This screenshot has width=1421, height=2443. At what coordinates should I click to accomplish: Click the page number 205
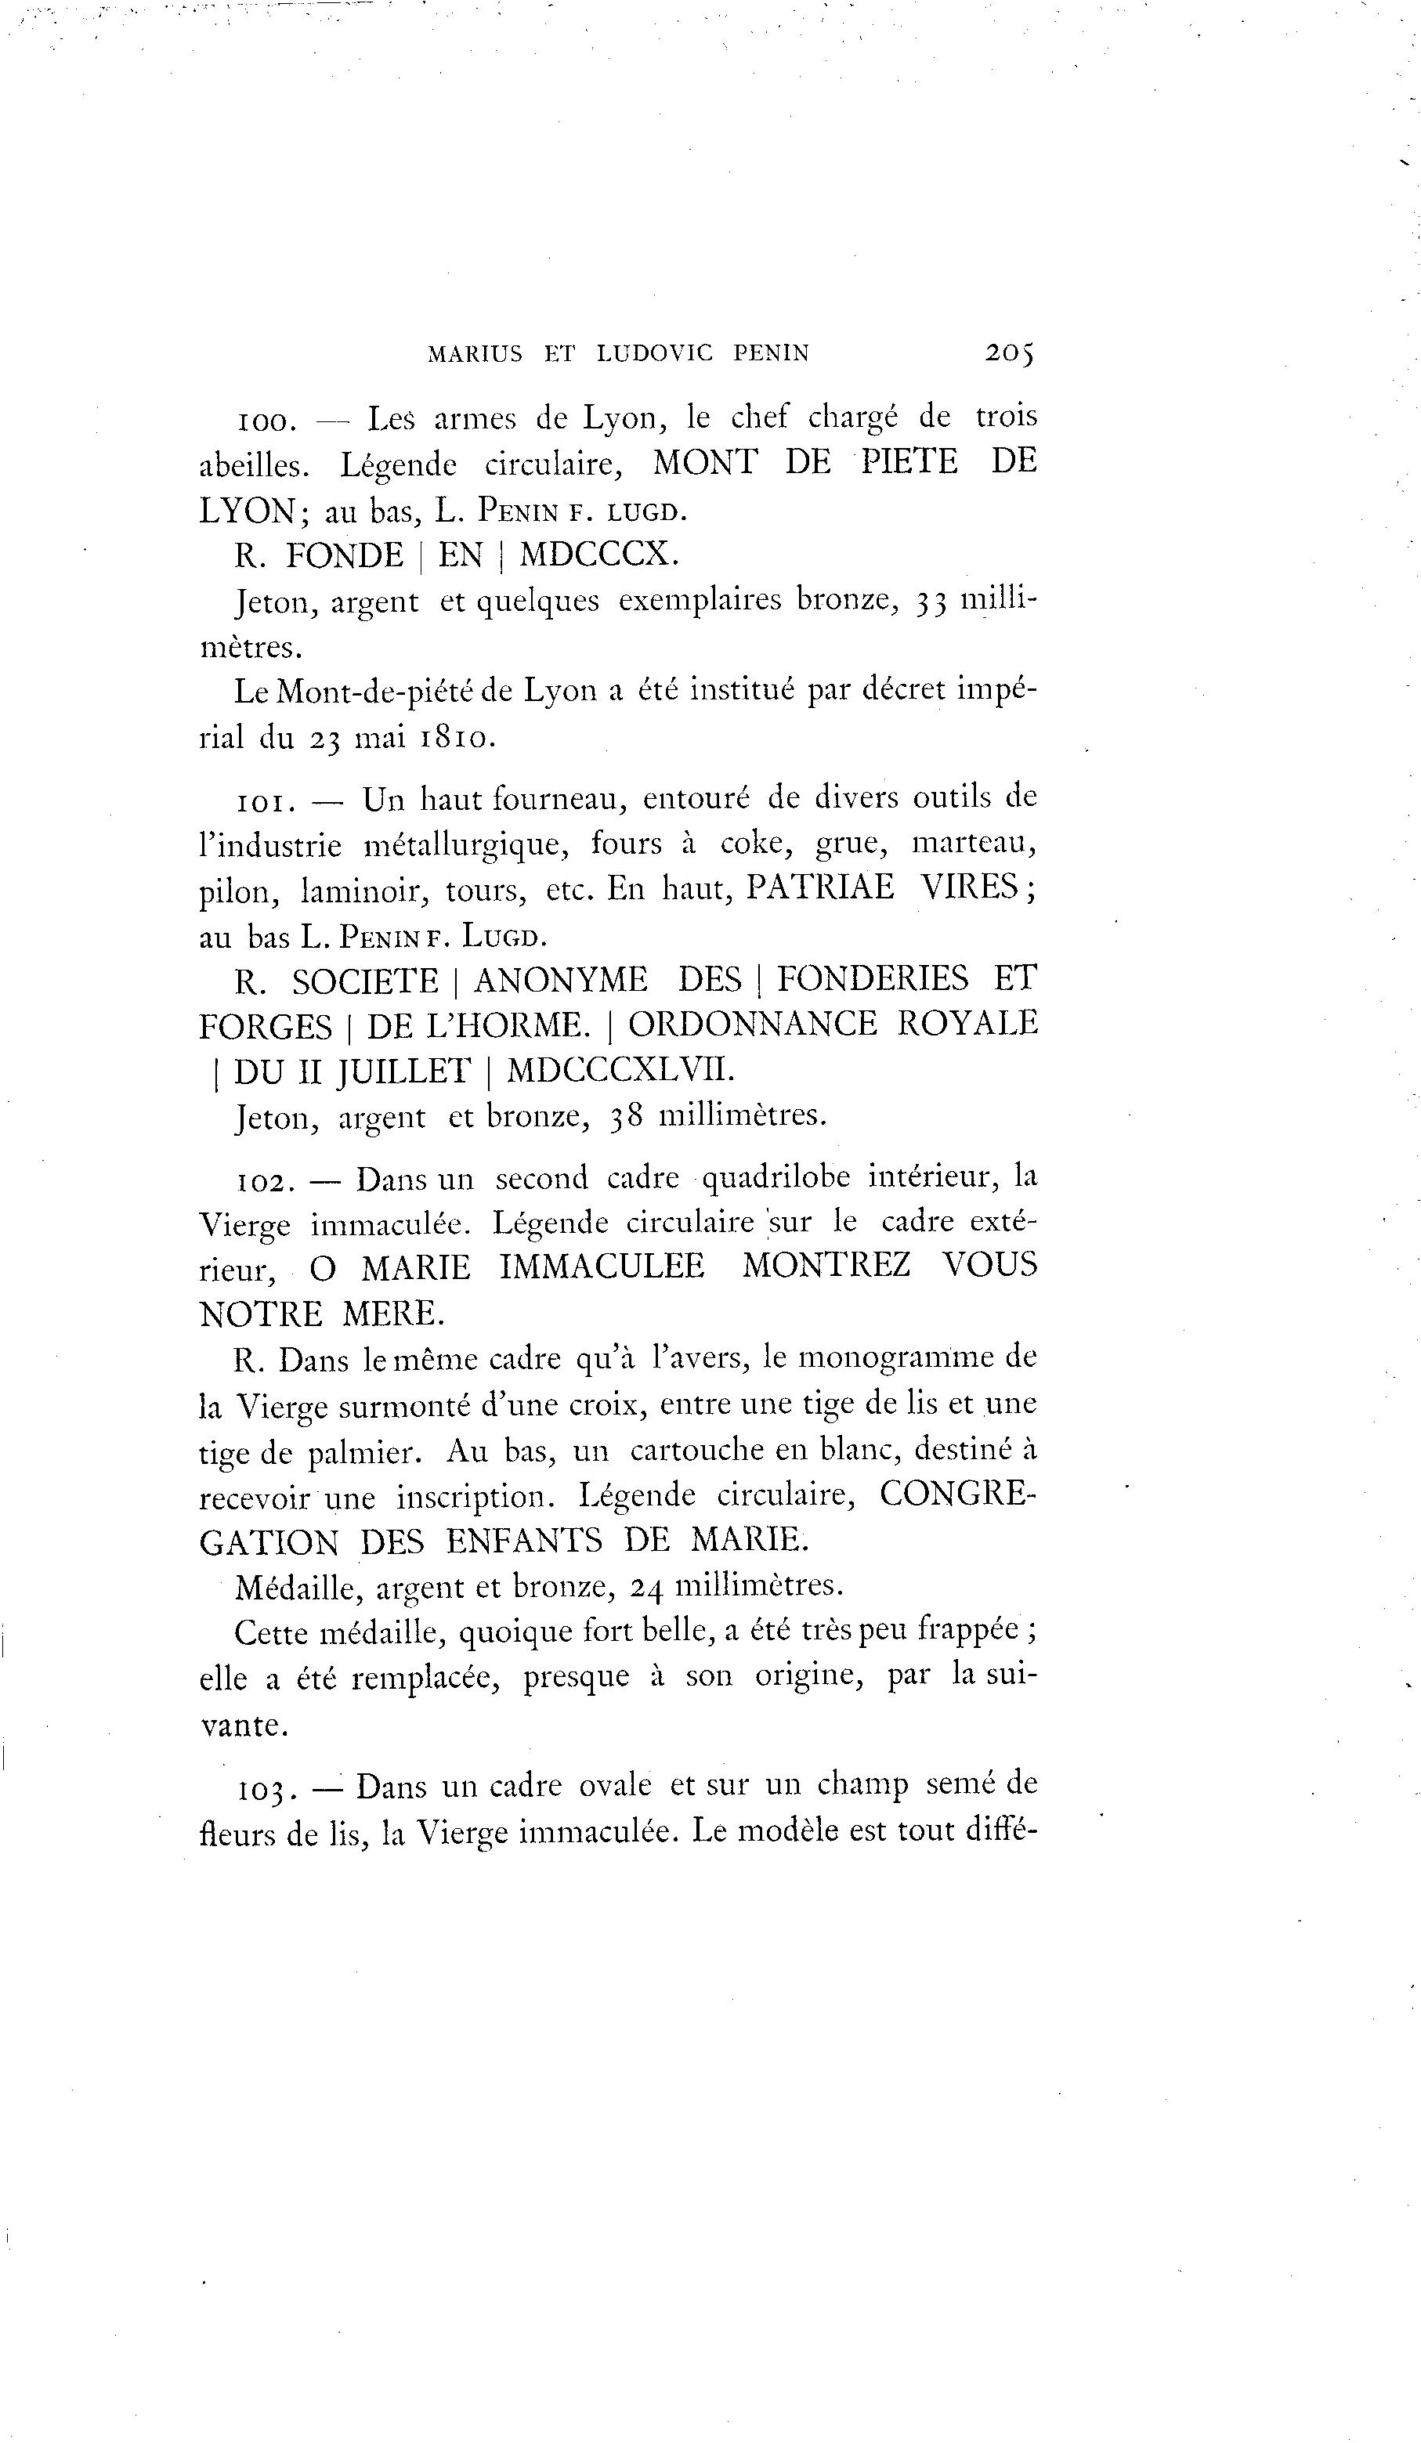tap(1009, 353)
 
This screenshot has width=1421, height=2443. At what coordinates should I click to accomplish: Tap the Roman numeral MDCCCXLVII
tap(620, 1069)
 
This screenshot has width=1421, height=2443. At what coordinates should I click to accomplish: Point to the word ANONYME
tap(560, 980)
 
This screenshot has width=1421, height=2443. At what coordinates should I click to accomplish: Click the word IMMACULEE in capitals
tap(601, 1268)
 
